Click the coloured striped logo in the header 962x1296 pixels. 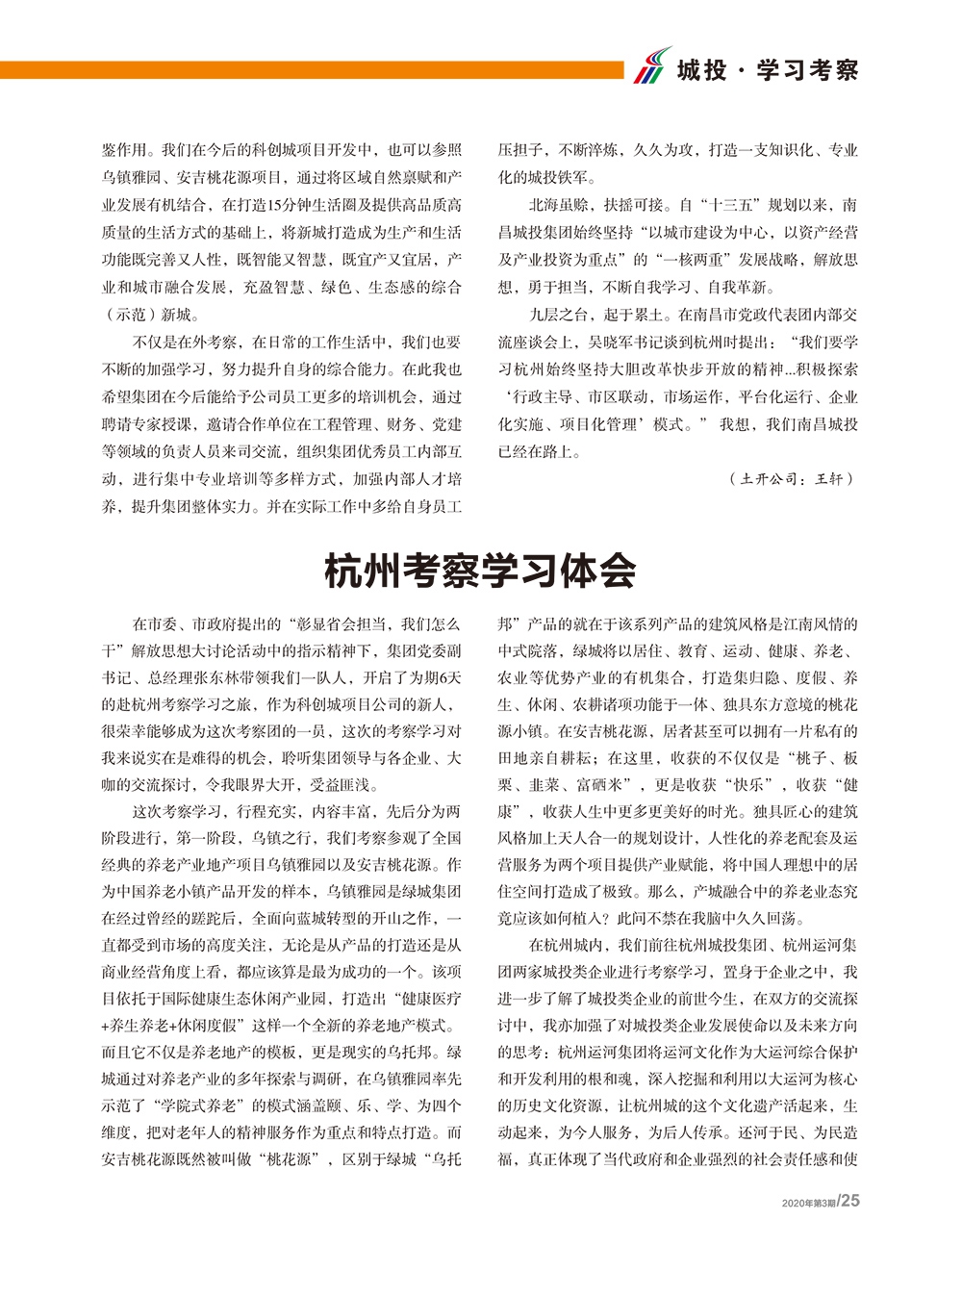click(651, 66)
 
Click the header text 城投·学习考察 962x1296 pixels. click(767, 70)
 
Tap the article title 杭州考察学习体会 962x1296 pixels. click(480, 571)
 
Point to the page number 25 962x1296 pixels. click(850, 1200)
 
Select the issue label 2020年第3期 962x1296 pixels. click(809, 1203)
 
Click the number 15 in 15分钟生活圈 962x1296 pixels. click(276, 205)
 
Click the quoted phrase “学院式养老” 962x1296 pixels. click(214, 1105)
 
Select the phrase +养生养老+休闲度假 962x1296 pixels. click(175, 1026)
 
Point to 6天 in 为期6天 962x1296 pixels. click(449, 677)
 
